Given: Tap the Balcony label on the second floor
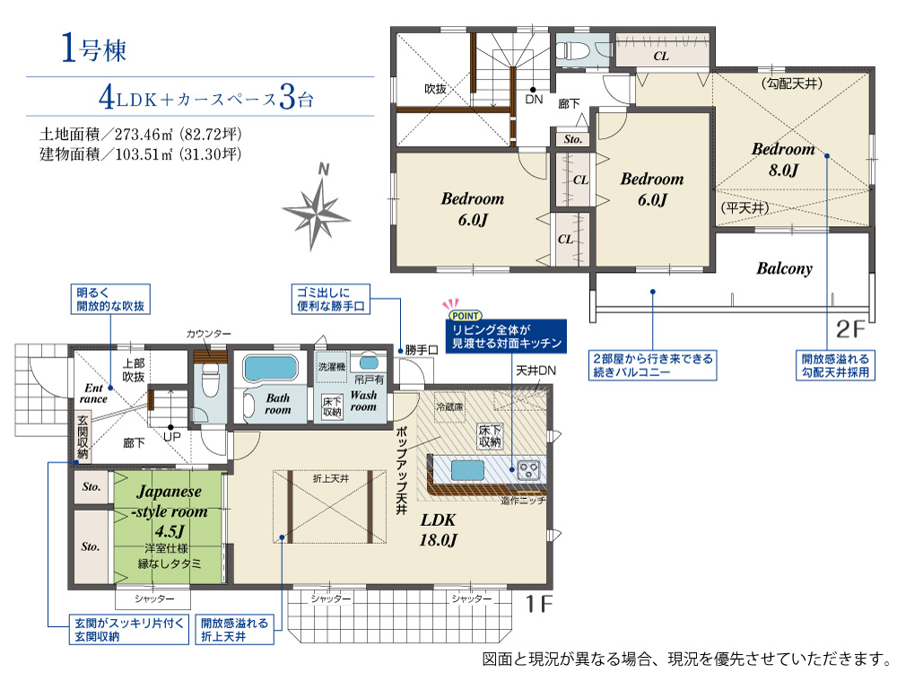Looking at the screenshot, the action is [x=784, y=268].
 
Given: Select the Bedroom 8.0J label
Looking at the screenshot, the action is [x=783, y=159].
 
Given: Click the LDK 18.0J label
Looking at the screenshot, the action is [x=439, y=529].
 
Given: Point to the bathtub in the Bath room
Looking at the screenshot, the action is [x=271, y=368].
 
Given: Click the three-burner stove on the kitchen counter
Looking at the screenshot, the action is [x=528, y=470].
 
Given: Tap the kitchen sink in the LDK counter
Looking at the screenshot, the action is [x=467, y=470].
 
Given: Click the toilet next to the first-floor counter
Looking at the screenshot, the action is [x=211, y=381].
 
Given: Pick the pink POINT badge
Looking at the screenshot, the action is [x=466, y=315].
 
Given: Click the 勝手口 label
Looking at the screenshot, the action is [x=421, y=350].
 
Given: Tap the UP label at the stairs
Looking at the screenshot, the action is [x=171, y=437].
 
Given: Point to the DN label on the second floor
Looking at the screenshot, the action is [x=533, y=100].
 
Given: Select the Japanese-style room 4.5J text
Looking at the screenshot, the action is [x=170, y=511].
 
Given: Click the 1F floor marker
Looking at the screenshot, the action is [x=538, y=604].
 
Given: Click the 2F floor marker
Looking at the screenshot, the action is [x=850, y=329].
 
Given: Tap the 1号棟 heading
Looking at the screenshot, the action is [x=93, y=48].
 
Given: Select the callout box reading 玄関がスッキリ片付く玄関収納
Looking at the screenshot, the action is [x=128, y=630].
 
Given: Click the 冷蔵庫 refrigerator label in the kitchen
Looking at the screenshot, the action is [x=449, y=406].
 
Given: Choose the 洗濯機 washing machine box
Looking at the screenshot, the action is [x=331, y=367].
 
